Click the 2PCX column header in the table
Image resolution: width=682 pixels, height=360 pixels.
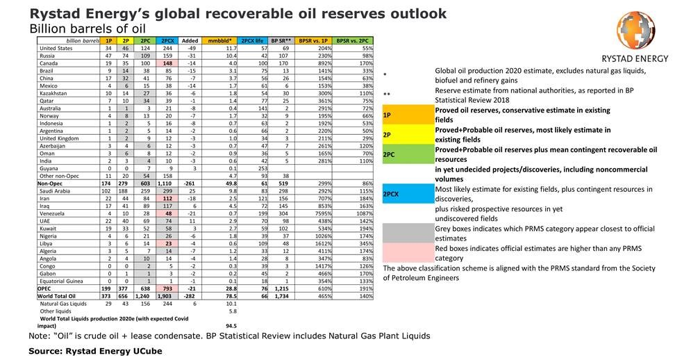point(167,42)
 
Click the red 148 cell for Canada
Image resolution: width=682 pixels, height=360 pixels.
point(167,62)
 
